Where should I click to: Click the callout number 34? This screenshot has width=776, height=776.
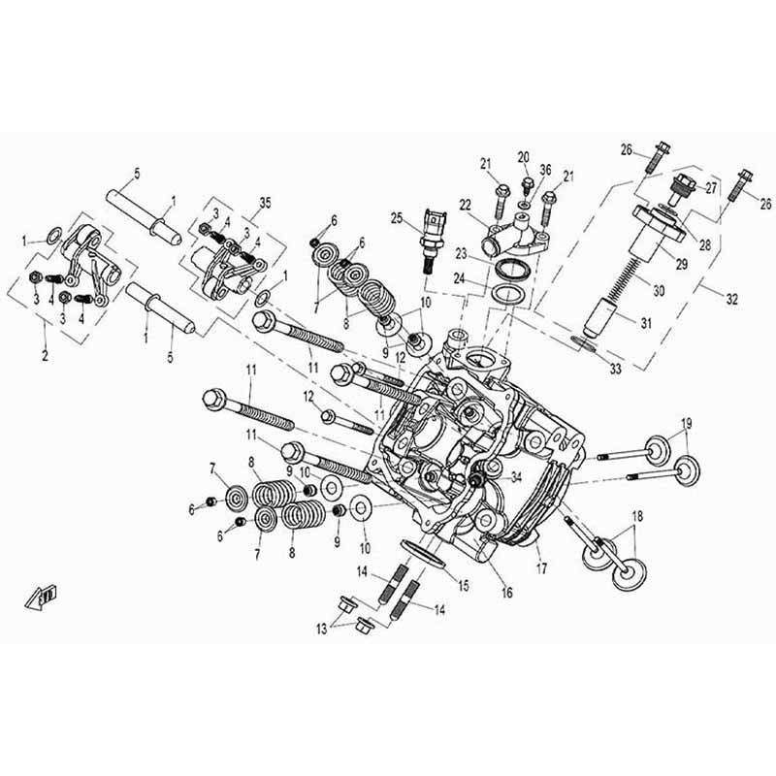pyautogui.click(x=516, y=476)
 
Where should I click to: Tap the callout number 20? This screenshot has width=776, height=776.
pyautogui.click(x=523, y=157)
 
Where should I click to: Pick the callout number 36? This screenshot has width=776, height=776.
pyautogui.click(x=545, y=170)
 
